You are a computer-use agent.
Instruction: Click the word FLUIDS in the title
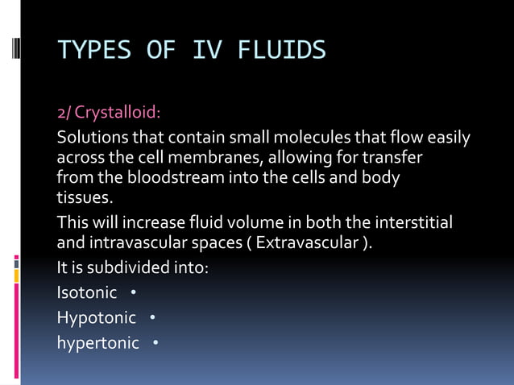click(281, 51)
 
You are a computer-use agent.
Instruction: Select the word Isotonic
click(86, 292)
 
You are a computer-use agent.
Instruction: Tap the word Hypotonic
click(96, 318)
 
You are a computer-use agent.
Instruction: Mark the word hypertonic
click(97, 344)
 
